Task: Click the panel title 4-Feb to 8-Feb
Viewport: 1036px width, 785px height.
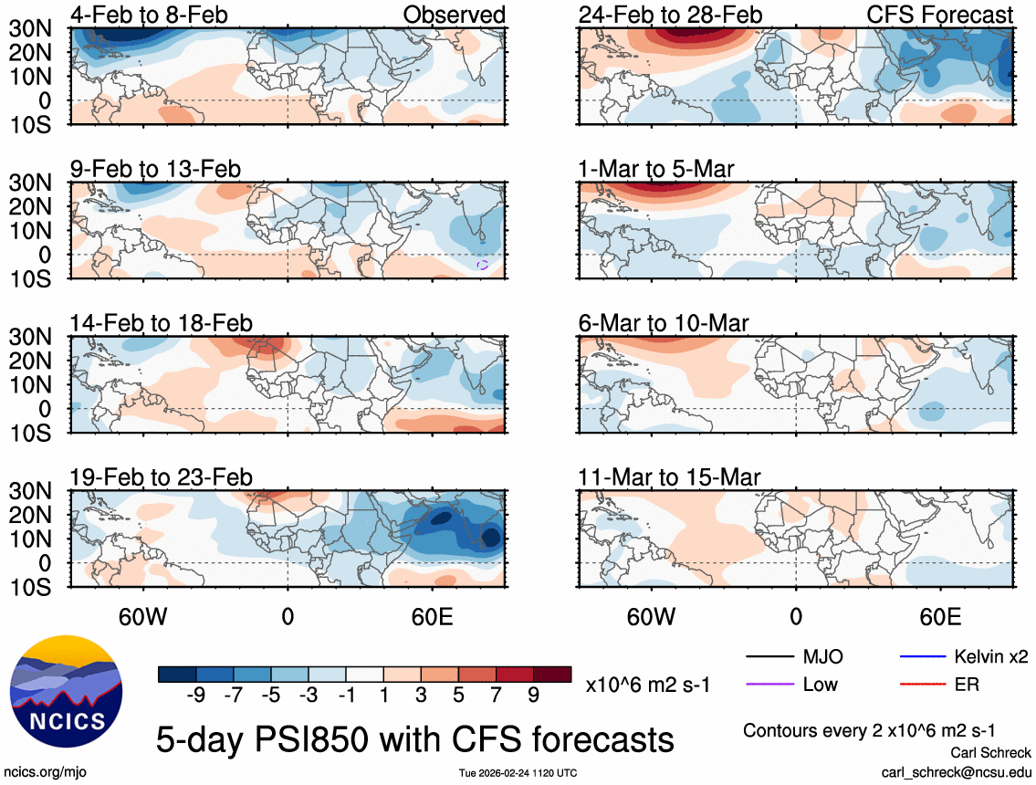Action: [150, 15]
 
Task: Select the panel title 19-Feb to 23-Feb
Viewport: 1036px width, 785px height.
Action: [162, 477]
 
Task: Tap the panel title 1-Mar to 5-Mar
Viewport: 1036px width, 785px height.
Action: [657, 169]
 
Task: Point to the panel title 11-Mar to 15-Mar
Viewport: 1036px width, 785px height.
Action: [669, 477]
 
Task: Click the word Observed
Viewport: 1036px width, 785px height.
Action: [455, 15]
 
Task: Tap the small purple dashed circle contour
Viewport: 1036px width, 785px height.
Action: [483, 265]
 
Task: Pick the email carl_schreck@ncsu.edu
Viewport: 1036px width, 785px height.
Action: [956, 771]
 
